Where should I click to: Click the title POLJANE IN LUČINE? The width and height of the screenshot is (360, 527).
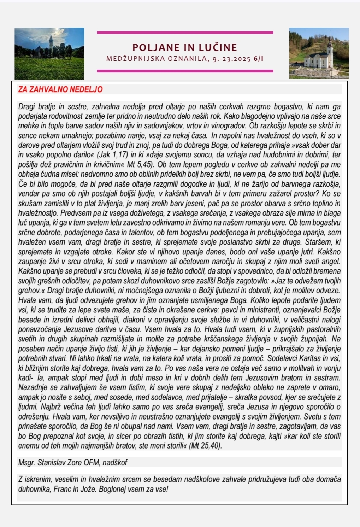pos(184,47)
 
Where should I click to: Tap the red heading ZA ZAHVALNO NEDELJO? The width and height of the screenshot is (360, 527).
pos(60,89)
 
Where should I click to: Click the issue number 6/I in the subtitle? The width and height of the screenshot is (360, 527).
pos(258,59)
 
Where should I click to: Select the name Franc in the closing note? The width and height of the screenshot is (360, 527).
pos(61,490)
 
